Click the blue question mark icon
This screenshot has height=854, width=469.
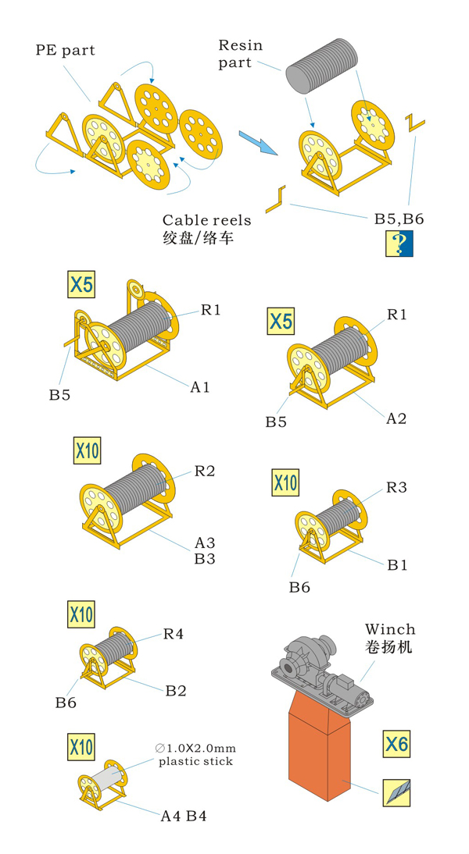(x=399, y=244)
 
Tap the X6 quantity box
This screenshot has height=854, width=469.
(x=396, y=744)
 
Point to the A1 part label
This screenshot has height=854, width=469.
(x=199, y=387)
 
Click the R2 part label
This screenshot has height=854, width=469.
(x=205, y=471)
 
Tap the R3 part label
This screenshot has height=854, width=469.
(x=396, y=487)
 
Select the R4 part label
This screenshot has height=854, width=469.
(x=174, y=634)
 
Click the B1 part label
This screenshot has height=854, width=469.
(x=398, y=565)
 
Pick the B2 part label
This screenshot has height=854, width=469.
(x=176, y=691)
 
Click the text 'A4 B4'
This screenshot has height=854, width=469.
(x=183, y=817)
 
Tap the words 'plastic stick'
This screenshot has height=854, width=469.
(x=195, y=761)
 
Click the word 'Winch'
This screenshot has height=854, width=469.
(x=390, y=630)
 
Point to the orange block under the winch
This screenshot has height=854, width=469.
(x=318, y=746)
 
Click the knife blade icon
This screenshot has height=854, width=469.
(x=396, y=793)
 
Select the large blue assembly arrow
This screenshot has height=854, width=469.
(x=258, y=142)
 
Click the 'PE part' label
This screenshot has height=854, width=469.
(x=66, y=51)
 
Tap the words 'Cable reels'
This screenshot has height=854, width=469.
(x=206, y=221)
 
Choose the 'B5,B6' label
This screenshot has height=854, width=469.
(x=399, y=219)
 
